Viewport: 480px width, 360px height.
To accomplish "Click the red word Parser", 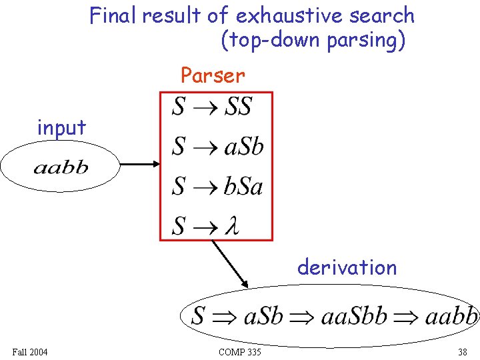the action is pos(213,75).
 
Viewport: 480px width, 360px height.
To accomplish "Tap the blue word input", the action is pos(61,127).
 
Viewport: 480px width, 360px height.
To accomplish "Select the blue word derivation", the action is pos(347,267).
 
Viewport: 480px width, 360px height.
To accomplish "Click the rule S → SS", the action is pos(212,106).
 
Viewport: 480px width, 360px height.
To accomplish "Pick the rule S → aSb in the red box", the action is pos(217,146).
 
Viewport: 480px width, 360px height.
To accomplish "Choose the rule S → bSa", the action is pos(217,186).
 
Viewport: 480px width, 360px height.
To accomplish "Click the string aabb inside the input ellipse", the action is pos(61,167).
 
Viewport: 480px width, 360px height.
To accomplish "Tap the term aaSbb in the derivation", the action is pos(353,315).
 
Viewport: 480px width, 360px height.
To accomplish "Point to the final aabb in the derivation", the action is pos(451,315).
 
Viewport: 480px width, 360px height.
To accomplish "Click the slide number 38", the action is pos(462,352).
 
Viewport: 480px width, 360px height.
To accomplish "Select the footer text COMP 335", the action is pos(239,352).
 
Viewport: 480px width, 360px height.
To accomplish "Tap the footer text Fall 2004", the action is pos(29,352).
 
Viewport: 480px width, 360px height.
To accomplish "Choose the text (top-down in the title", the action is pos(271,41).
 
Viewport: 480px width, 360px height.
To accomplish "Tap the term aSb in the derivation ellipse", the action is pos(264,315).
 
